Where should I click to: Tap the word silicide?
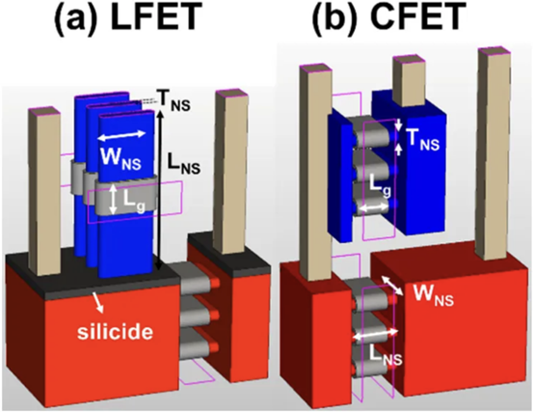[x=116, y=331]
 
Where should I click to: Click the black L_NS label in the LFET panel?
[x=183, y=163]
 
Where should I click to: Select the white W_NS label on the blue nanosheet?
[x=120, y=158]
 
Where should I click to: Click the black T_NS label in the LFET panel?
[x=173, y=100]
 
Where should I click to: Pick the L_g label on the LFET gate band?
[x=134, y=205]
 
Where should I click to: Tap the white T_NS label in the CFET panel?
[x=423, y=140]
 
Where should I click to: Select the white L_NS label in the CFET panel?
[x=386, y=356]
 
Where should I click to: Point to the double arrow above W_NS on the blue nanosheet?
[x=121, y=135]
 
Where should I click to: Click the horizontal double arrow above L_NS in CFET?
[x=376, y=334]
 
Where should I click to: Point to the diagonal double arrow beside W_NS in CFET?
[x=391, y=286]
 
